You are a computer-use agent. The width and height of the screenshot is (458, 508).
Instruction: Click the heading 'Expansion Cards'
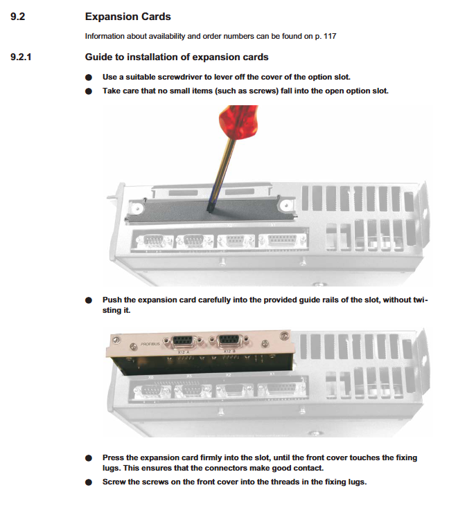127,16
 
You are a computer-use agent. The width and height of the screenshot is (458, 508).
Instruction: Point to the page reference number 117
329,36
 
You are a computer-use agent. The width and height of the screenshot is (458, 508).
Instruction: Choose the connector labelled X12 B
231,341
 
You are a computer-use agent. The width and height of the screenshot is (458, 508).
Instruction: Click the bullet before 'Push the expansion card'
89,301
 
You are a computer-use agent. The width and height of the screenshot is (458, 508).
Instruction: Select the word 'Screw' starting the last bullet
115,481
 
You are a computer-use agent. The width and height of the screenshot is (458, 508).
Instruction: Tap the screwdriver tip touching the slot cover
211,206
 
